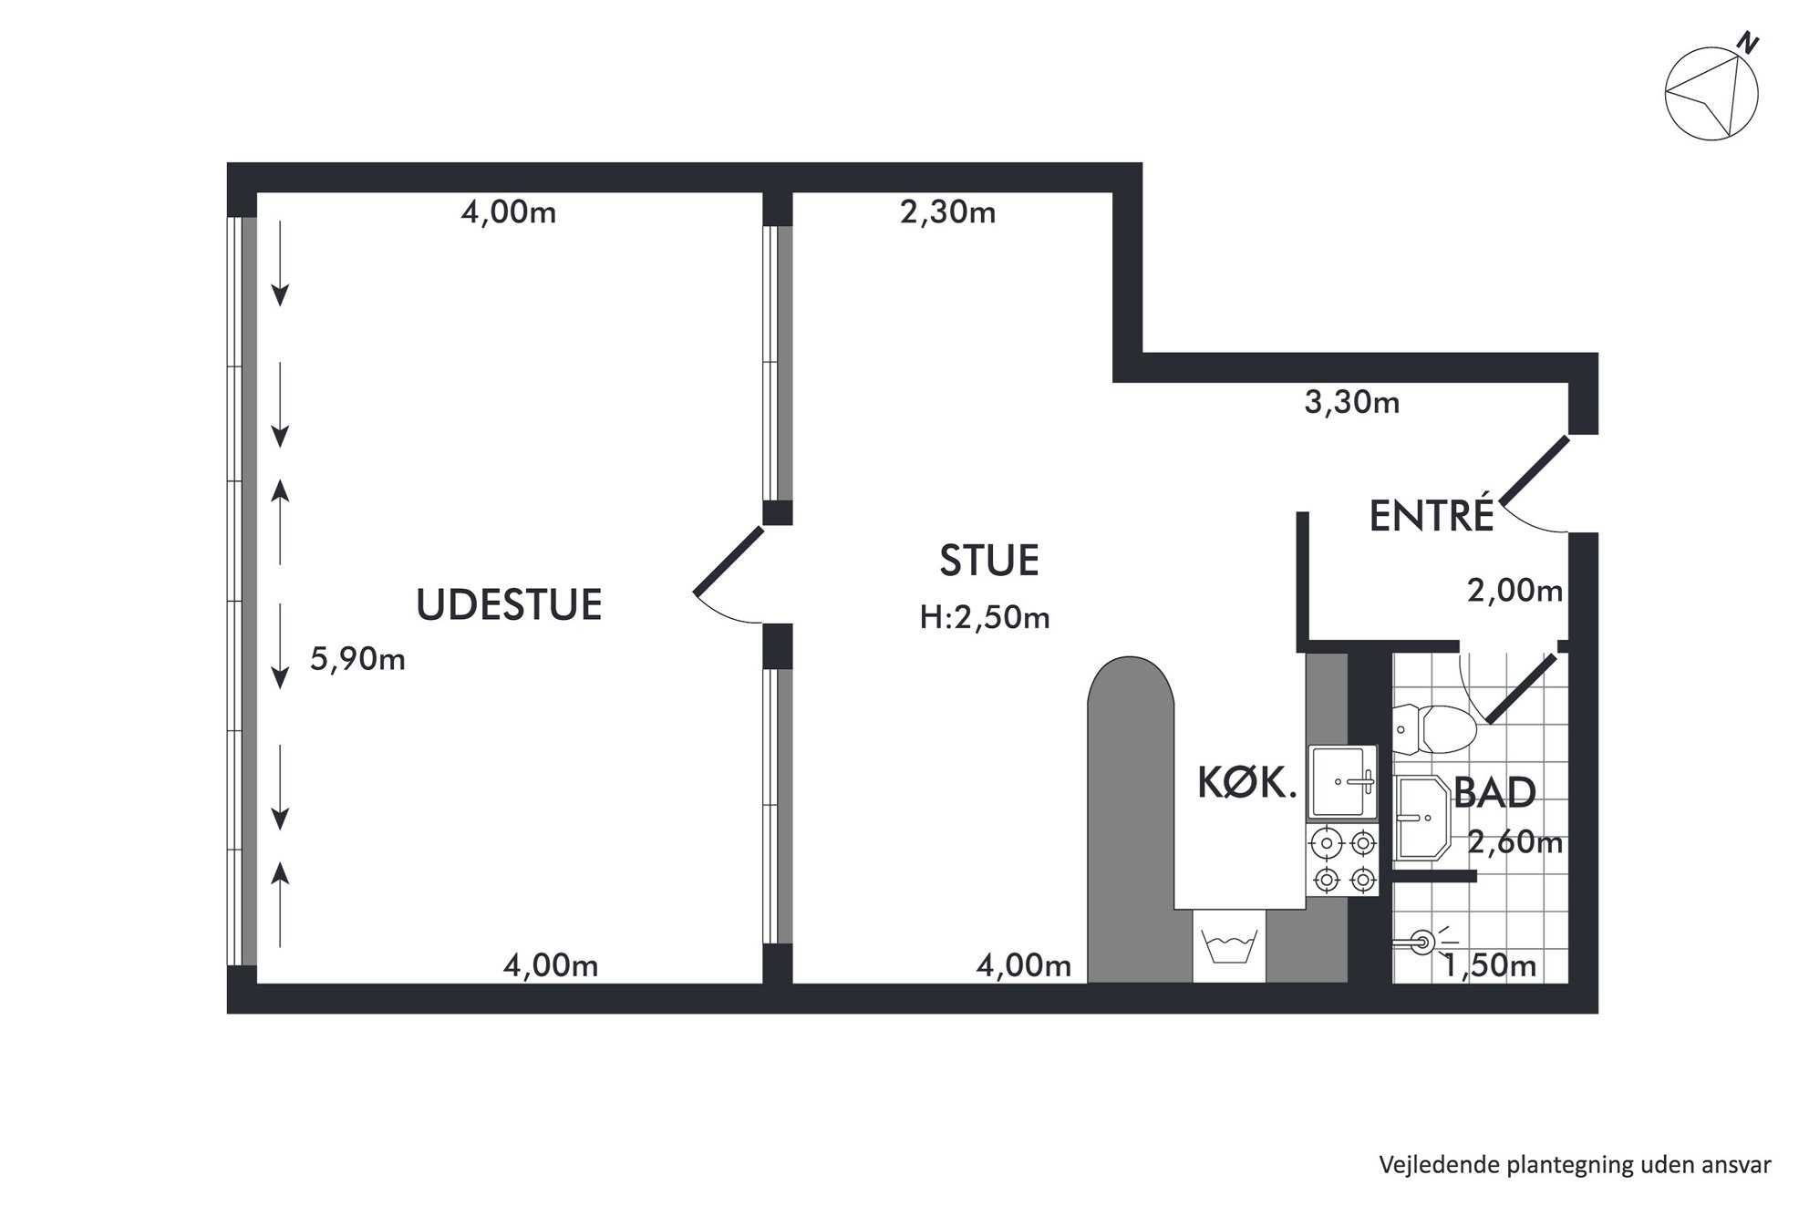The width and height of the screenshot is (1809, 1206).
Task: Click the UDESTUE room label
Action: (x=509, y=604)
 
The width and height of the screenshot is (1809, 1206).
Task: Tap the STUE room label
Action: (x=989, y=561)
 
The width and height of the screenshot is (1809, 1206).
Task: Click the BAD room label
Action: (x=1494, y=793)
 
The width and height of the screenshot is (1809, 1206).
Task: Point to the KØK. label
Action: (x=1246, y=783)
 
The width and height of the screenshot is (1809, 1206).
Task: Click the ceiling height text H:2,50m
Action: (x=985, y=618)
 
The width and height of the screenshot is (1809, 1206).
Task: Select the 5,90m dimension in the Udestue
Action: (x=357, y=658)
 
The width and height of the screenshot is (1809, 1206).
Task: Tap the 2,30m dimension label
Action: (x=947, y=212)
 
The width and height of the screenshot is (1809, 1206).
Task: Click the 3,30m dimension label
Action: (x=1351, y=402)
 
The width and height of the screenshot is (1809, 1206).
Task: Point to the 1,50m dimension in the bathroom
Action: (x=1489, y=965)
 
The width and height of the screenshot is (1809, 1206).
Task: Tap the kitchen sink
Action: (x=1342, y=781)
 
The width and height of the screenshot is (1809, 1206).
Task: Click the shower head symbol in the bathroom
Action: (x=1425, y=942)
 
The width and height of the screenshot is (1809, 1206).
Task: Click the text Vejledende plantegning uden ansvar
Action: (x=1575, y=1165)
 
